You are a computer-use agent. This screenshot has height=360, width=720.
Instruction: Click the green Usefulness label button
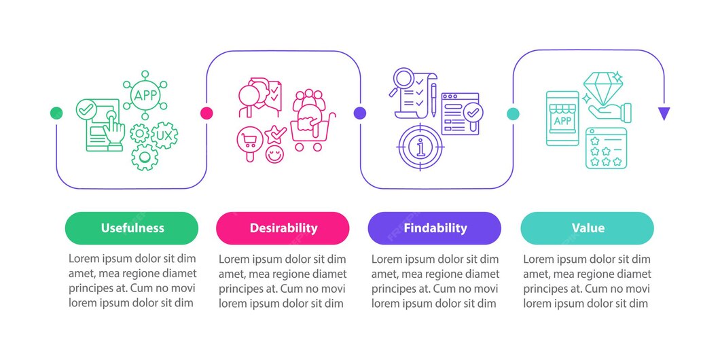(x=132, y=228)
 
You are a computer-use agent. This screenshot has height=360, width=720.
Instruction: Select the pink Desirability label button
(x=283, y=228)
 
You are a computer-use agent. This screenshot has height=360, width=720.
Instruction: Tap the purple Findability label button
(x=435, y=228)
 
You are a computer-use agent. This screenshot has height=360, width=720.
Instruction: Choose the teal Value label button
(x=587, y=228)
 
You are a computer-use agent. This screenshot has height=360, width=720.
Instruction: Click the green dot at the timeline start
(x=57, y=113)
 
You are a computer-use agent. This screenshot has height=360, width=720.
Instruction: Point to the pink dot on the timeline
(x=207, y=113)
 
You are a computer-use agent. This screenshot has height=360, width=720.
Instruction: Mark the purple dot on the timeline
(x=360, y=113)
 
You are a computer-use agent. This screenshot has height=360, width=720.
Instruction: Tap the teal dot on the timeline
(x=513, y=113)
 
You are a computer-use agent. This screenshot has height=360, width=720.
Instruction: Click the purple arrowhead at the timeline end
(x=664, y=113)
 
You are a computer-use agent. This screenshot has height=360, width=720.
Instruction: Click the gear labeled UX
(x=164, y=135)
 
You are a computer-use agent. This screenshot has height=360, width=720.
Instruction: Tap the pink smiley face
(x=274, y=154)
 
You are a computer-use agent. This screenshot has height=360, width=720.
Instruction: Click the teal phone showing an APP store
(x=562, y=119)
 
